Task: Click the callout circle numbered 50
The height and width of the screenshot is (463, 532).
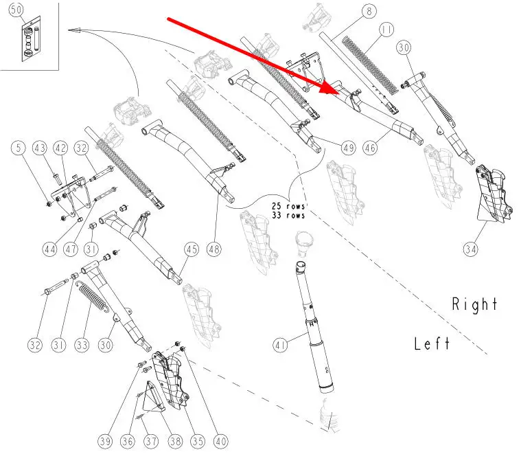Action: coord(16,10)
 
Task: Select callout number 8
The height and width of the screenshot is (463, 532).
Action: coord(369,11)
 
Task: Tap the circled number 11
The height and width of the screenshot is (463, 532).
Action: coord(386,30)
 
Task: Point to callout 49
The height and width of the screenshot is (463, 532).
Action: coord(349,148)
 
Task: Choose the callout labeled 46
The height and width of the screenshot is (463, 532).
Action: coord(370,148)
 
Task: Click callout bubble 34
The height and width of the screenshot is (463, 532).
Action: coord(471,249)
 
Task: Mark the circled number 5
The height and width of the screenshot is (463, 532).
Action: coord(19,148)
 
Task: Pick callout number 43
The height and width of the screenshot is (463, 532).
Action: coord(40,148)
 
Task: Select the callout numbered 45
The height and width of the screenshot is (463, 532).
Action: coord(192,249)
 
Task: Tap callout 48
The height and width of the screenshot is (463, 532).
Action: coord(214,249)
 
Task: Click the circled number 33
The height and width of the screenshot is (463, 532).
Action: coord(82,346)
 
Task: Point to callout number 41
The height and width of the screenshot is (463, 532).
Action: coord(280,346)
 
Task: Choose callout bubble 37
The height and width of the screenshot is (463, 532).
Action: coord(151,441)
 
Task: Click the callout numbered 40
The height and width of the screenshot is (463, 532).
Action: coord(221,441)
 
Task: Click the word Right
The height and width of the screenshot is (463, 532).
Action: coord(474,304)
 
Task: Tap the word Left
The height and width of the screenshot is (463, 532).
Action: coord(432,343)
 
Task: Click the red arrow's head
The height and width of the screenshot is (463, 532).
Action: coord(331,87)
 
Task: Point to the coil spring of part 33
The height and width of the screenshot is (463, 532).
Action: coord(92,297)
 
